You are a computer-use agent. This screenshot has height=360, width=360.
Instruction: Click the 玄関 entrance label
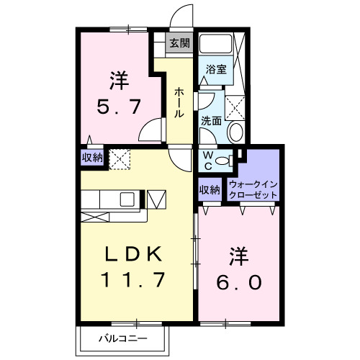tap(179, 43)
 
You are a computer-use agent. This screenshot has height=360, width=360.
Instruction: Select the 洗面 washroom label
tap(210, 121)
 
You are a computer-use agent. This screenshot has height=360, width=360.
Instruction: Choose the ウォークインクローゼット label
tap(253, 189)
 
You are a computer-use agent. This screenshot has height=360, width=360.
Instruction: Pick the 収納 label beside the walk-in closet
tap(210, 189)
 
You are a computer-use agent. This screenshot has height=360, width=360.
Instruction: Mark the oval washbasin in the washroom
tap(235, 132)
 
